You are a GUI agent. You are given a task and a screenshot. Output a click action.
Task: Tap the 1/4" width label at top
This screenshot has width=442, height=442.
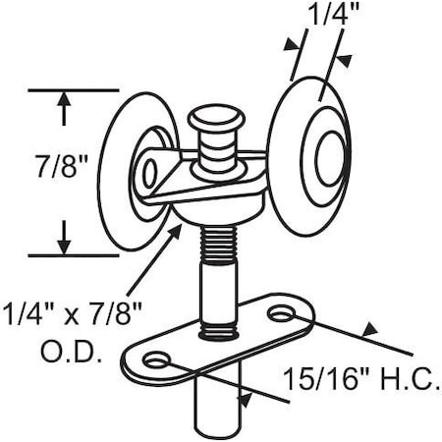coord(325,18)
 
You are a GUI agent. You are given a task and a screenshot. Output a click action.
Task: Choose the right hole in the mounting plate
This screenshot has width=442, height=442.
coord(283,315)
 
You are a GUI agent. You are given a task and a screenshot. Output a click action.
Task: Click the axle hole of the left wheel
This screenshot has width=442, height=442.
coord(149,174)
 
